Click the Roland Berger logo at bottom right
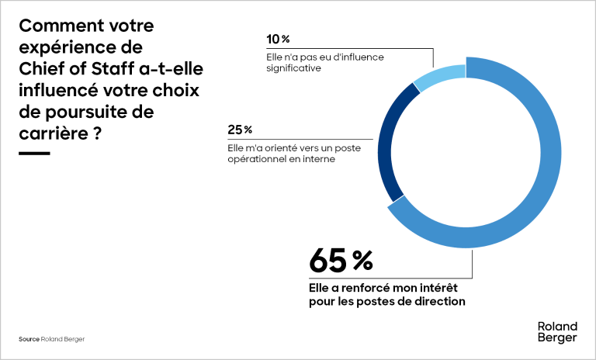pos(556,331)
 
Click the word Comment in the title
pos(54,26)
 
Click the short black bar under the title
pos(33,153)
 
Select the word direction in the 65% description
pos(440,301)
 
